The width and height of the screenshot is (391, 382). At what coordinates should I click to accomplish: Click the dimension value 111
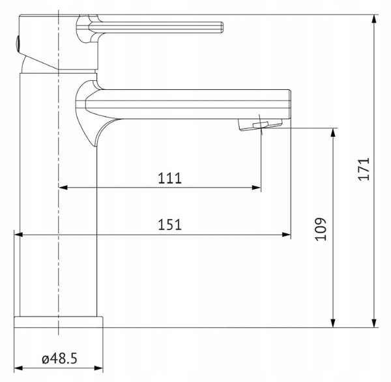(170, 178)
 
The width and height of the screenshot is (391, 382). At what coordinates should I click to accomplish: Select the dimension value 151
(170, 224)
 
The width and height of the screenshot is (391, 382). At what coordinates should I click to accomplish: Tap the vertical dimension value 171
(364, 169)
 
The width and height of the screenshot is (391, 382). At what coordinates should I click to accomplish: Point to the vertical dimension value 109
(321, 229)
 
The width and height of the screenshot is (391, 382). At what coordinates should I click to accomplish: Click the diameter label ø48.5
(59, 359)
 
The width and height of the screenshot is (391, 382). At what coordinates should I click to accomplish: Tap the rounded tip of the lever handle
(222, 27)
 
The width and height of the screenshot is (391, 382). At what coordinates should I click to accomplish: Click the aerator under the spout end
(261, 125)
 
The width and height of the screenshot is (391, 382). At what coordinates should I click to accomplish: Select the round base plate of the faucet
(59, 322)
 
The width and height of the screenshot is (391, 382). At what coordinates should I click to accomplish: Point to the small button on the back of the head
(17, 44)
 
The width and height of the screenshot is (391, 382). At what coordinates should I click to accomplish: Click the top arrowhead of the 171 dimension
(374, 19)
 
